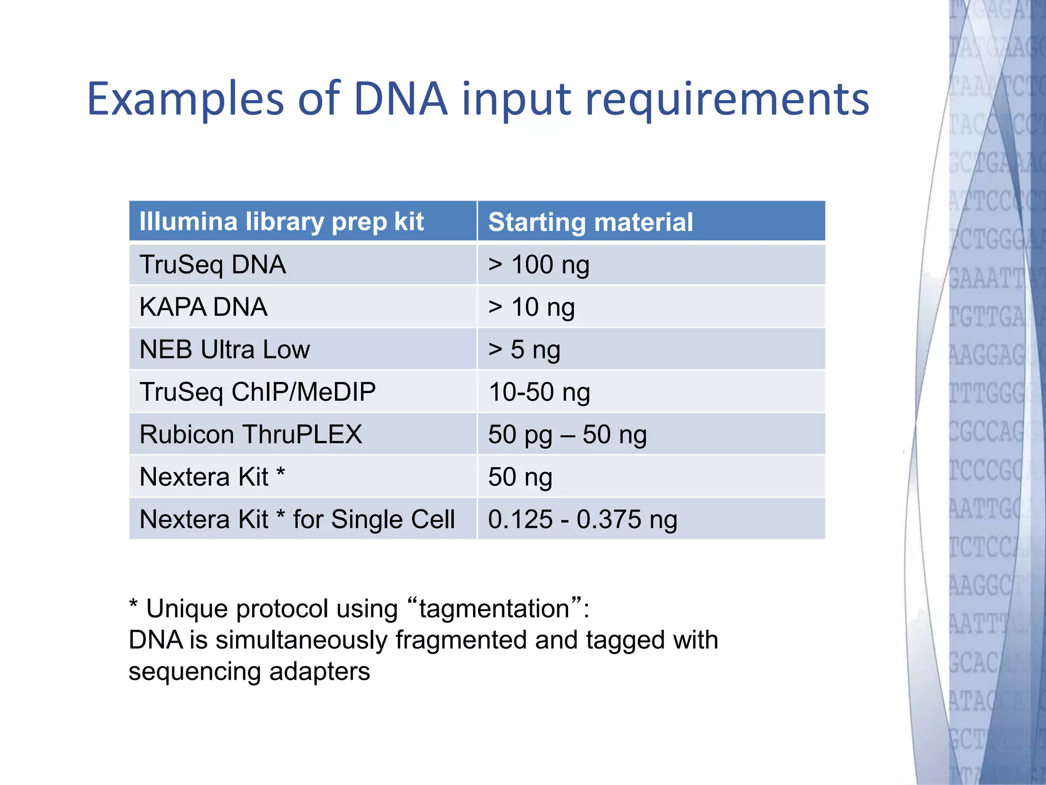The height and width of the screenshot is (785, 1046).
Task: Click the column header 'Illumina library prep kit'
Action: tap(281, 222)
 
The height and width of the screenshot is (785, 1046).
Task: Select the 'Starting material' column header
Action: tap(590, 222)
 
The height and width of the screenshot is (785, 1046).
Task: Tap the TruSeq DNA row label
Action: tap(212, 265)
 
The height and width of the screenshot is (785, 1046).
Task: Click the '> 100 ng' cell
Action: tap(538, 265)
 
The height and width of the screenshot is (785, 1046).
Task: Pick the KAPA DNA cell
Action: tap(203, 307)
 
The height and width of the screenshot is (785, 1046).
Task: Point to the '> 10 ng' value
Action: tap(531, 307)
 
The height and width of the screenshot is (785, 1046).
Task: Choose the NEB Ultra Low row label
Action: tap(224, 350)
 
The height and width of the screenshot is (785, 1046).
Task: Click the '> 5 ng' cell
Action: tap(524, 350)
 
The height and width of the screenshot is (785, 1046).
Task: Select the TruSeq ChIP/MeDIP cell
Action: tap(257, 392)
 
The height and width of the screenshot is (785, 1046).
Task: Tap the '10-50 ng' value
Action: tap(539, 392)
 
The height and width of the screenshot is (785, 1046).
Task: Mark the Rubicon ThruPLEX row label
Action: tap(250, 434)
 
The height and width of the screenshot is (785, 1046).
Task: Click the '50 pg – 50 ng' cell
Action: tap(567, 434)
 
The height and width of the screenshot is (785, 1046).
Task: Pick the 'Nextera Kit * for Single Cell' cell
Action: tap(297, 519)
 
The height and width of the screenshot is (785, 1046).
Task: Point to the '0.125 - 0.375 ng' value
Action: tap(582, 519)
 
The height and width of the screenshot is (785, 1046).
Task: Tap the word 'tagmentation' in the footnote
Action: tap(494, 609)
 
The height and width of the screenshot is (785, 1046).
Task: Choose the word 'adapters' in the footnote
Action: tap(319, 671)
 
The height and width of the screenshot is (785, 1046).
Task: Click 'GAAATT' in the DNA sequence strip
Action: tap(986, 279)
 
